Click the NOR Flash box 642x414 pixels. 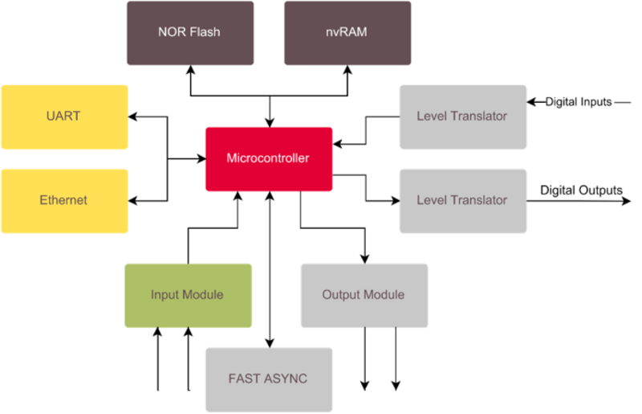click(x=189, y=33)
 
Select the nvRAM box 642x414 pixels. click(x=347, y=33)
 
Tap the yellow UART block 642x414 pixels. click(x=65, y=117)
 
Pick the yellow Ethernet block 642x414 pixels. click(x=65, y=200)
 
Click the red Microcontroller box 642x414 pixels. click(x=269, y=158)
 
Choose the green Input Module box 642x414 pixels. click(x=188, y=295)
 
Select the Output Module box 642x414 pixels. click(x=364, y=295)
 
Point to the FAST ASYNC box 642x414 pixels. click(x=269, y=379)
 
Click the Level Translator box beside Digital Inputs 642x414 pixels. click(x=462, y=117)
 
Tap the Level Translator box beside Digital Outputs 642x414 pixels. click(x=462, y=200)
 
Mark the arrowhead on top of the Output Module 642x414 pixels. click(x=364, y=258)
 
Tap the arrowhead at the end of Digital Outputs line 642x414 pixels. click(x=627, y=200)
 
